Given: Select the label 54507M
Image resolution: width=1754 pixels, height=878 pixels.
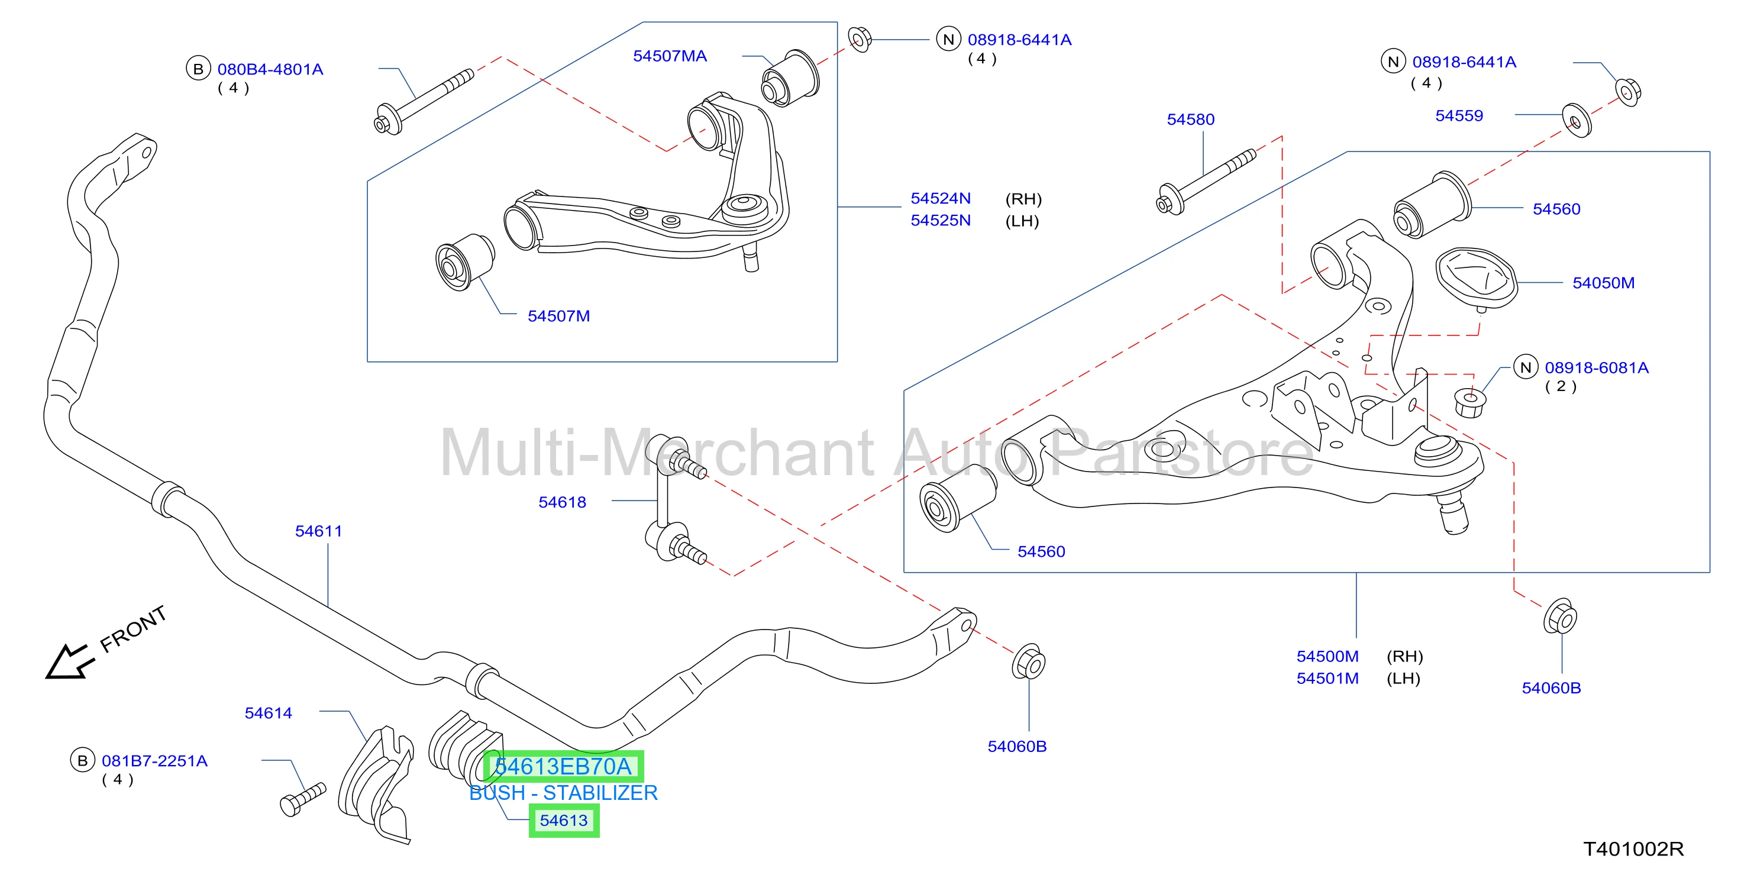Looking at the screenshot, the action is click(x=558, y=316).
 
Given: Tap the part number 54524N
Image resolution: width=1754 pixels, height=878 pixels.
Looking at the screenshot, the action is click(x=941, y=198).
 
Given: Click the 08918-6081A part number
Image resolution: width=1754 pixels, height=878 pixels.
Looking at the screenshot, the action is click(x=1596, y=368).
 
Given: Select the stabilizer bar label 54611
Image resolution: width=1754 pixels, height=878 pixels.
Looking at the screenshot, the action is click(x=319, y=531).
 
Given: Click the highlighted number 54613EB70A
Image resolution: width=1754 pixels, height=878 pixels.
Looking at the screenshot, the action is click(x=563, y=766).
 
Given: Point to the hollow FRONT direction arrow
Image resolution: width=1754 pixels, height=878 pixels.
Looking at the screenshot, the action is click(x=68, y=661).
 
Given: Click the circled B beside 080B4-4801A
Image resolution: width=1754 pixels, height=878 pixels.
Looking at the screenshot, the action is click(x=198, y=69).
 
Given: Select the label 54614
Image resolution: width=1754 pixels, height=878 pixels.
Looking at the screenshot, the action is click(x=268, y=713).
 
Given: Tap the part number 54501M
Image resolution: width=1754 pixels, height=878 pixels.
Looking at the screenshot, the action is click(x=1327, y=679).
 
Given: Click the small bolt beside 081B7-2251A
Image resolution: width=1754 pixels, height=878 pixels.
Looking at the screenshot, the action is click(x=303, y=799).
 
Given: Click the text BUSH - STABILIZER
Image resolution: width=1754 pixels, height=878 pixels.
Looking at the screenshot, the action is click(x=564, y=793).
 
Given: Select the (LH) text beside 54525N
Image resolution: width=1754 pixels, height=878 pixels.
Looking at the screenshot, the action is click(x=1022, y=221).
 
